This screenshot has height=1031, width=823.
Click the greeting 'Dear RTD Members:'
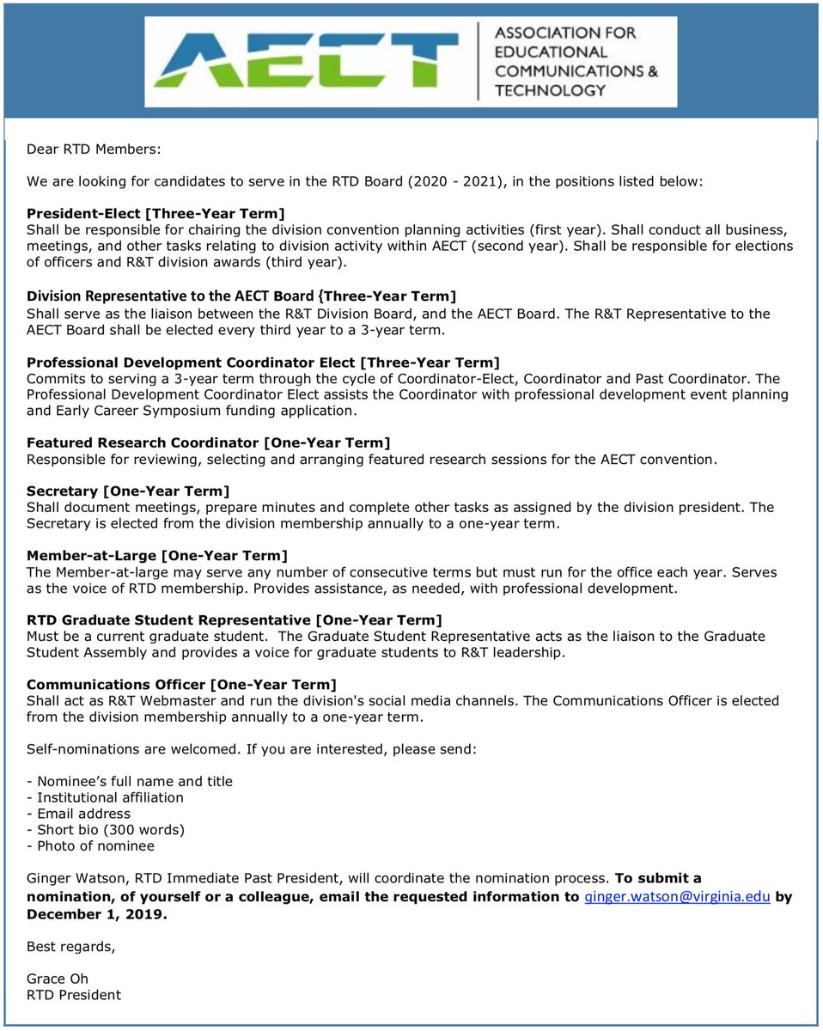(94, 149)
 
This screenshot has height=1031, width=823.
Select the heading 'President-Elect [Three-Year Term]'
(155, 213)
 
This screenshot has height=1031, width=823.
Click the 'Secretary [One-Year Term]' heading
(128, 491)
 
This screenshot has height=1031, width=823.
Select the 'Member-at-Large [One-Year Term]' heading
(157, 556)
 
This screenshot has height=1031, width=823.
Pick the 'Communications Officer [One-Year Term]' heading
(181, 684)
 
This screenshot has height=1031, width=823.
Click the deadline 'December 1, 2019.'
(97, 914)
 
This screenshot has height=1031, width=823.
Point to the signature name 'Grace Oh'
(58, 979)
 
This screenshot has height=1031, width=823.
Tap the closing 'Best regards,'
(70, 947)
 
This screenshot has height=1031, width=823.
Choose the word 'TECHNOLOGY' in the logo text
(550, 89)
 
